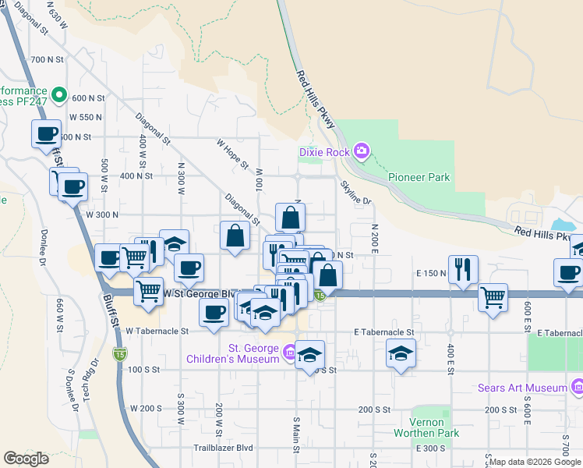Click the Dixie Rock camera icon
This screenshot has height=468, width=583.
pyautogui.click(x=361, y=151)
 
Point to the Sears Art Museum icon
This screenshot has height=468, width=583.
pyautogui.click(x=577, y=387)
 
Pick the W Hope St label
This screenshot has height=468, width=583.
pyautogui.click(x=232, y=154)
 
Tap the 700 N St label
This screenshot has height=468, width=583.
pyautogui.click(x=46, y=59)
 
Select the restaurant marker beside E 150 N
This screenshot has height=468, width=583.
pyautogui.click(x=464, y=269)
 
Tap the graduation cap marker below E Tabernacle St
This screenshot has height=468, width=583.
pyautogui.click(x=401, y=354)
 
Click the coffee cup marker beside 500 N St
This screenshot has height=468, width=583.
pyautogui.click(x=46, y=133)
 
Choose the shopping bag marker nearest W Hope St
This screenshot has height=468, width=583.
pyautogui.click(x=235, y=235)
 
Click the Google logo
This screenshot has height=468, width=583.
pyautogui.click(x=26, y=459)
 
